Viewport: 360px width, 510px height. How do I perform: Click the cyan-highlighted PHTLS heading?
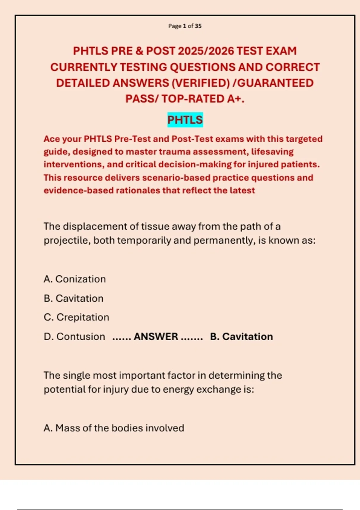pos(185,120)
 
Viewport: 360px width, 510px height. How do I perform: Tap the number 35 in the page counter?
pos(198,26)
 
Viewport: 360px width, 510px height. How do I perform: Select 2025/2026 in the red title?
pos(206,51)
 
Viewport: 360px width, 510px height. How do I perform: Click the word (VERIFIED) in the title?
pos(200,83)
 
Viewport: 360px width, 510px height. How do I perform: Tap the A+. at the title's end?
pos(236,99)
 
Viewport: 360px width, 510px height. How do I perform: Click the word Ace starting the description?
pos(52,139)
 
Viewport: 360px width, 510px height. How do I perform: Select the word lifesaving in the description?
pos(272,152)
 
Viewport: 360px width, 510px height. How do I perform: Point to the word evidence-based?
pos(79,190)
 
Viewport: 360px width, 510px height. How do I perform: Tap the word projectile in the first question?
pos(67,241)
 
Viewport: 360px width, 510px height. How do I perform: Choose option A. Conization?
pos(75,279)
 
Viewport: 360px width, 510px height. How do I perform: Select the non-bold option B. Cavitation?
pos(73,298)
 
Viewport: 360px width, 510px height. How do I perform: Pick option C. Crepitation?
pos(76,317)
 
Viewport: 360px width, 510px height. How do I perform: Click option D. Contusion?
pos(74,337)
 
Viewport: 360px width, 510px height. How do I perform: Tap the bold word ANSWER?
pos(156,337)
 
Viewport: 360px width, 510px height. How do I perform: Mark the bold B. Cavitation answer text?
pos(241,337)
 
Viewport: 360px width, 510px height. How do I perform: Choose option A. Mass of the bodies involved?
pos(114,428)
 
